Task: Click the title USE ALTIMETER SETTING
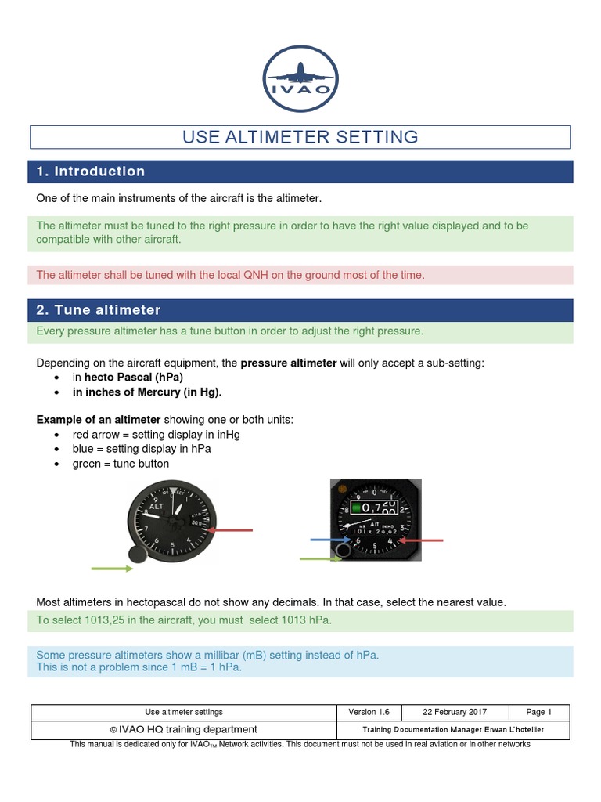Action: pyautogui.click(x=300, y=137)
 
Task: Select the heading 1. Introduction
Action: pyautogui.click(x=91, y=172)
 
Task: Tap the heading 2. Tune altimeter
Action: pyautogui.click(x=99, y=310)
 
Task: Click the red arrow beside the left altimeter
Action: pyautogui.click(x=232, y=530)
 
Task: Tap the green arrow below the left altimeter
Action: pyautogui.click(x=112, y=569)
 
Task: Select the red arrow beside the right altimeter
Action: pyautogui.click(x=422, y=540)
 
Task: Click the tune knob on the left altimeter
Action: pyautogui.click(x=138, y=555)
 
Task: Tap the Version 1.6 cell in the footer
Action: pyautogui.click(x=369, y=712)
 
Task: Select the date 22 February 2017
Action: pyautogui.click(x=455, y=712)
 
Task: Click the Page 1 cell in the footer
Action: pyautogui.click(x=538, y=712)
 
